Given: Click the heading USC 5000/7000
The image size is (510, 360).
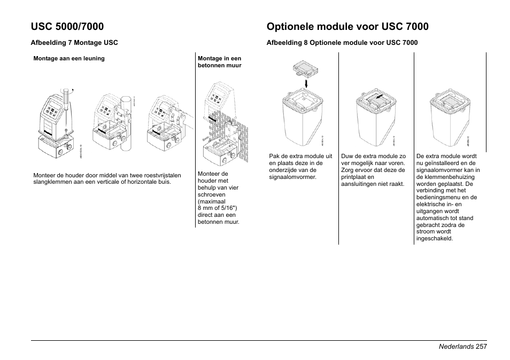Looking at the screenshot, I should [67, 26].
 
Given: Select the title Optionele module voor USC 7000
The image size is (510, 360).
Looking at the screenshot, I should [347, 26].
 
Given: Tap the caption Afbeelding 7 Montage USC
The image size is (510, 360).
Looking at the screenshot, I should [74, 43].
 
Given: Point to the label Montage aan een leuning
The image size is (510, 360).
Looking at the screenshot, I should [69, 58].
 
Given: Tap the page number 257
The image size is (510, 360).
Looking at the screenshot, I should [481, 347].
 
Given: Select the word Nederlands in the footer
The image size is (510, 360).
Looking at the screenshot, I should [456, 347].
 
